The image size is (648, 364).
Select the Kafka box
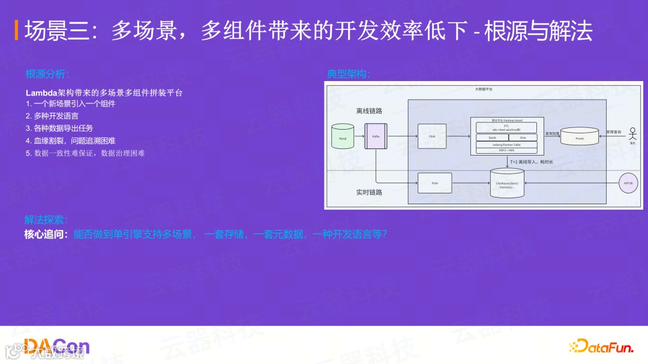[x=376, y=136]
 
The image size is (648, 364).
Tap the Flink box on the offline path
[x=432, y=136]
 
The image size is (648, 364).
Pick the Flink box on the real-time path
[x=434, y=183]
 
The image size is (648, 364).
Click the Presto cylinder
[x=580, y=136]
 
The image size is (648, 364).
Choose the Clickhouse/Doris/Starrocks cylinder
[x=507, y=183]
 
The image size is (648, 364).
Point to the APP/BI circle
[x=628, y=182]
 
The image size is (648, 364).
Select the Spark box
[x=492, y=138]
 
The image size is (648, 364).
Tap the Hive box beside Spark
[x=523, y=138]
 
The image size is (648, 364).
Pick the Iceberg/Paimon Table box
[x=507, y=144]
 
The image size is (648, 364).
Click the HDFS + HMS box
[x=507, y=151]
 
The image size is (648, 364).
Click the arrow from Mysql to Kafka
[x=359, y=136]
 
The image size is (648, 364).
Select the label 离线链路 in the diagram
[x=369, y=111]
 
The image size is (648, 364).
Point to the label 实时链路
[x=369, y=192]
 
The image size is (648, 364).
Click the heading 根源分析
[x=47, y=74]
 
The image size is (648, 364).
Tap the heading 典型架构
[x=348, y=74]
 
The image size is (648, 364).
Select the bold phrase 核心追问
[x=46, y=234]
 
